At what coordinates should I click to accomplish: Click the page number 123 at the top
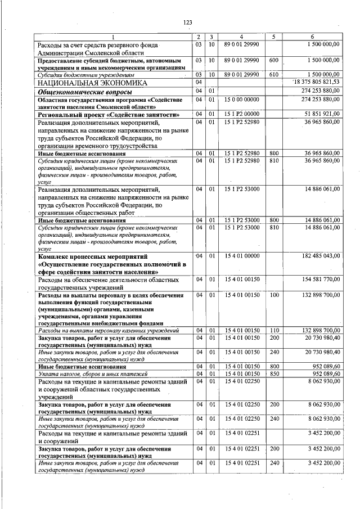pyautogui.click(x=187, y=22)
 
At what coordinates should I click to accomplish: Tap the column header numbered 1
pyautogui.click(x=113, y=37)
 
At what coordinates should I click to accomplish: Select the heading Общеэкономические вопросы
pyautogui.click(x=85, y=91)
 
